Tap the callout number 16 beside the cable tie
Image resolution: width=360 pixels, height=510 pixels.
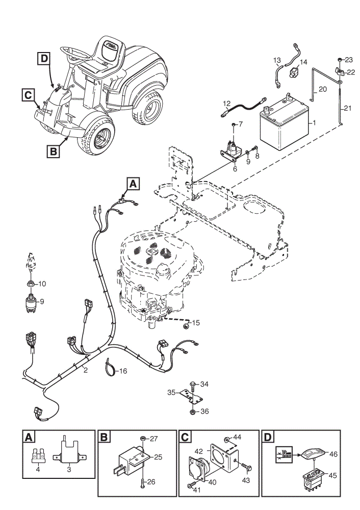[x=123, y=371]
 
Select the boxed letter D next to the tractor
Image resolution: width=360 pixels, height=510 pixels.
[x=44, y=59]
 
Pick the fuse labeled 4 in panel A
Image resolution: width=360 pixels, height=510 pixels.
[x=38, y=456]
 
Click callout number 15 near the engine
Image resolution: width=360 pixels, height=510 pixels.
[x=196, y=323]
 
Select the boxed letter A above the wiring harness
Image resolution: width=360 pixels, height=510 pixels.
[x=133, y=184]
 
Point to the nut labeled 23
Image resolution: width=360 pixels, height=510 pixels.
[x=340, y=60]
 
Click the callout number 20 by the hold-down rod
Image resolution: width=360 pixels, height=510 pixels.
[x=323, y=89]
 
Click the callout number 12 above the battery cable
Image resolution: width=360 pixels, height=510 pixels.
[x=227, y=104]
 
